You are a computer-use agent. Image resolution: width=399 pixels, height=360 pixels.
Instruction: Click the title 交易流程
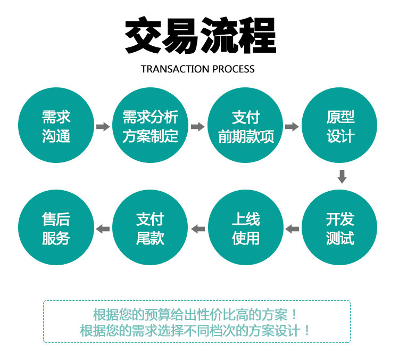click(x=200, y=36)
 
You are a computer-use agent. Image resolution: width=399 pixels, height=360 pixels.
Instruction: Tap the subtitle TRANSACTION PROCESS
click(x=198, y=69)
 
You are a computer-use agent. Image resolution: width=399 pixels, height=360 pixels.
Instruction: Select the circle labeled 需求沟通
click(x=56, y=126)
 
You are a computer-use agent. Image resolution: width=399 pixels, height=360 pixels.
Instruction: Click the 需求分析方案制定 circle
click(x=151, y=126)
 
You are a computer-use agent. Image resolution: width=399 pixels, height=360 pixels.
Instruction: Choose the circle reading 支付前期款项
click(x=246, y=126)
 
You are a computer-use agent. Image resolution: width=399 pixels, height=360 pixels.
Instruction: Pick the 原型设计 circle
click(x=340, y=126)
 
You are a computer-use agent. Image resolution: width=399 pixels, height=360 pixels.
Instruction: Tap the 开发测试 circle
click(x=340, y=228)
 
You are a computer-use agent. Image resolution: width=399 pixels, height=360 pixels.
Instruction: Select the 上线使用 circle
click(x=246, y=228)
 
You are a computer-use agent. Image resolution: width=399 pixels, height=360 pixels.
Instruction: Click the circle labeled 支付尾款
click(x=151, y=228)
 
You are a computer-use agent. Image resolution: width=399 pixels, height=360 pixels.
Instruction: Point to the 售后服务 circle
click(x=56, y=228)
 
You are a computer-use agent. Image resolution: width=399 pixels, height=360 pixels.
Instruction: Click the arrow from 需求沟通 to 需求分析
click(x=103, y=127)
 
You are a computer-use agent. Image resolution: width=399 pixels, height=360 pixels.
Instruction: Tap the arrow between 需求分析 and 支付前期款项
click(x=197, y=127)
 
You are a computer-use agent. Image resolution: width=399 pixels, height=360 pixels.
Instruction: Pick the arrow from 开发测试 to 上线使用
click(x=292, y=229)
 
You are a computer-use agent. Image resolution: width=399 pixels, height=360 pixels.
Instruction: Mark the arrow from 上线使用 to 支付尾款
click(x=198, y=229)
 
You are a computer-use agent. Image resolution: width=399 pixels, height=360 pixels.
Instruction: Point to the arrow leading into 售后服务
click(x=103, y=229)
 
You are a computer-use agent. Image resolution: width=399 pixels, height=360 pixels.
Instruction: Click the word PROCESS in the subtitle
click(x=234, y=69)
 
